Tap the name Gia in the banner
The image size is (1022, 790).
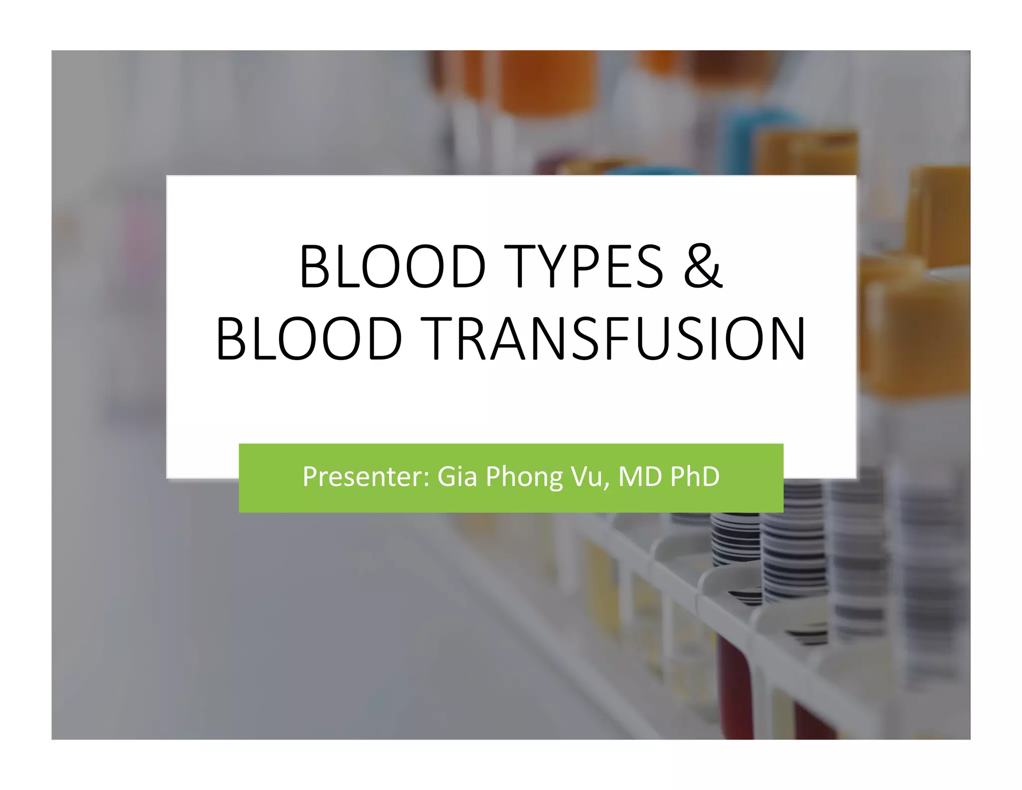[457, 476]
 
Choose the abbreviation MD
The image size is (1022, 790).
[639, 476]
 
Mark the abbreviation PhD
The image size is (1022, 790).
[695, 476]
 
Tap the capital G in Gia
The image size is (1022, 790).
[447, 476]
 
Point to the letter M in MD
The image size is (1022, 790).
[630, 476]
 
